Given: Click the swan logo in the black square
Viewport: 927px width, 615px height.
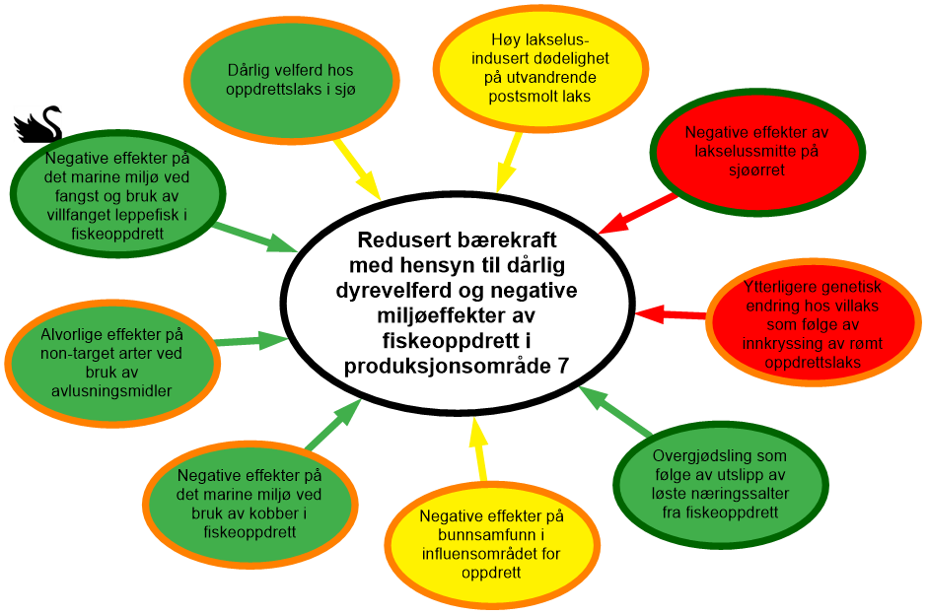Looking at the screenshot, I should coord(37,124).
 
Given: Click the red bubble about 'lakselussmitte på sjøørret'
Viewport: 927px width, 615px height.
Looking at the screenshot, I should coord(751,151).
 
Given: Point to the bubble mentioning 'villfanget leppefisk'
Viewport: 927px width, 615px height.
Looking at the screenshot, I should coord(117,195).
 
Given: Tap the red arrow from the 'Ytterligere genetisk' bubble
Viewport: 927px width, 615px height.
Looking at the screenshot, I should coord(671,315).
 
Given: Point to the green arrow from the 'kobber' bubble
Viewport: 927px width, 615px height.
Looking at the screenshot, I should coord(330,425).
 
